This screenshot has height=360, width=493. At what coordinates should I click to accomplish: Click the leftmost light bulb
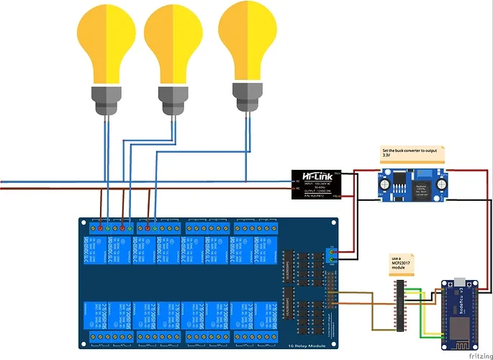coord(107,45)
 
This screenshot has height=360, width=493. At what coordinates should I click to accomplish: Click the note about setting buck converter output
coord(412,152)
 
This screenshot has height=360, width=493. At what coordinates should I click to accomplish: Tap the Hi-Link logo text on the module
coord(317,176)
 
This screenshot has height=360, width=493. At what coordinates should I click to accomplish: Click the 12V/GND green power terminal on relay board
coord(332,254)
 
